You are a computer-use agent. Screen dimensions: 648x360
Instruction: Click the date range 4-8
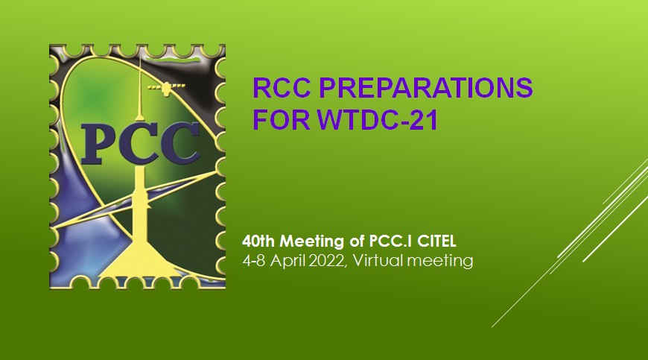(x=254, y=261)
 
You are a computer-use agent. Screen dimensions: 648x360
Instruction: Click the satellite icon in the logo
(x=167, y=88)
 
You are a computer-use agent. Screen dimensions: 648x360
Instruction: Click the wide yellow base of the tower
(x=141, y=261)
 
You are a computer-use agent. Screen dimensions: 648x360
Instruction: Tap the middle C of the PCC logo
(x=139, y=143)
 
